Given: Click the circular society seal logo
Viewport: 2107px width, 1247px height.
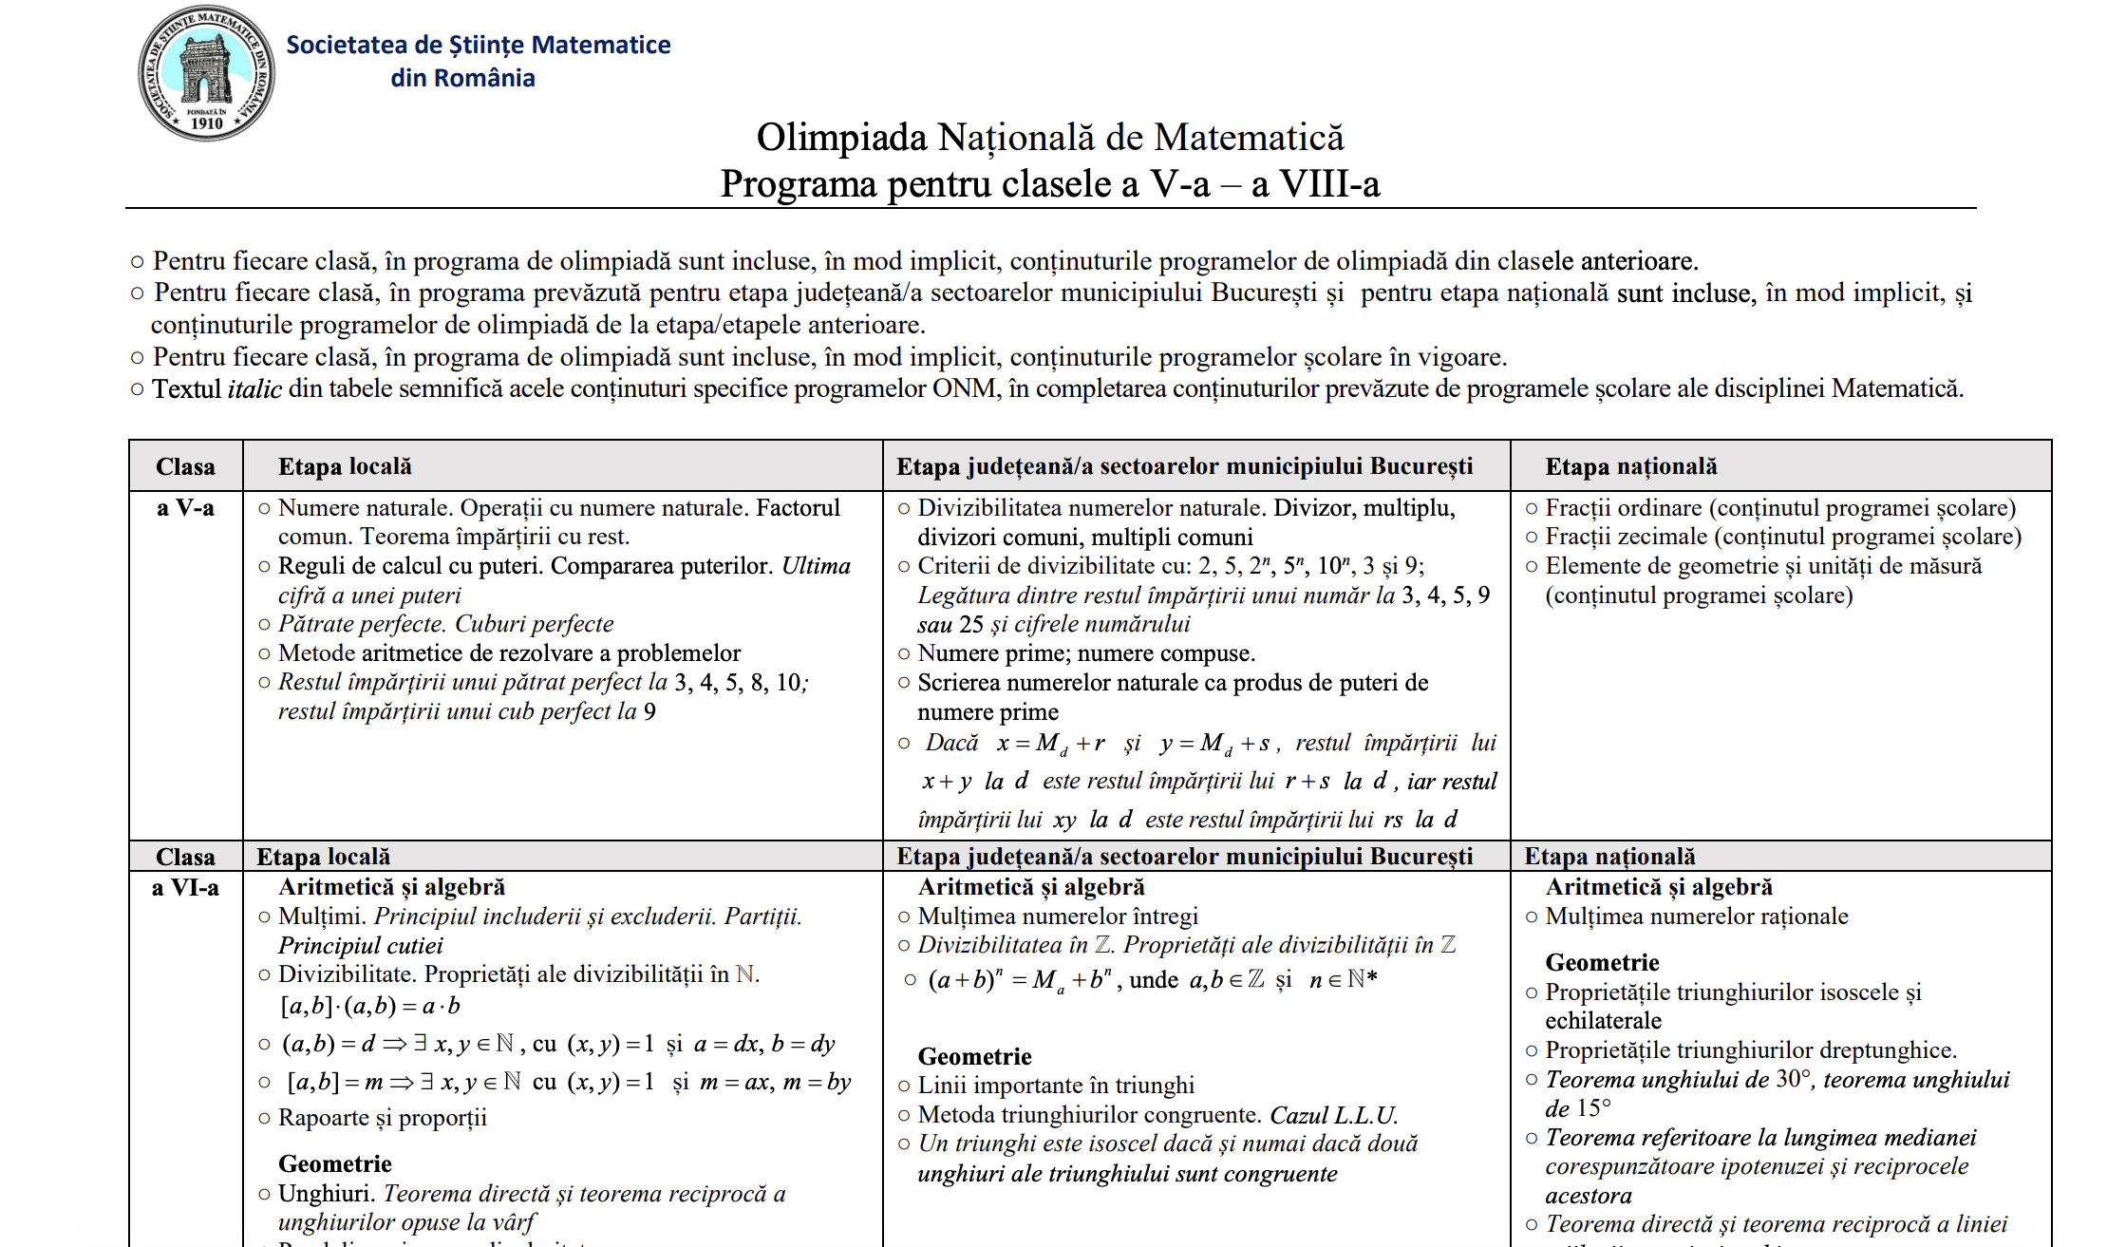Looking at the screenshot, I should tap(207, 73).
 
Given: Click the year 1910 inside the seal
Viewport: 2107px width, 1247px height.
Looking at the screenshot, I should tap(206, 123).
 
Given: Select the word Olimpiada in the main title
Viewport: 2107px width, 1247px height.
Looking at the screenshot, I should tap(840, 138).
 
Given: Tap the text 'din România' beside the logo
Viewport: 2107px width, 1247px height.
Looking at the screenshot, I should tap(462, 78).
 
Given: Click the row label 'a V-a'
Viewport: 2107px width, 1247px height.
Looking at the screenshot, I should tap(185, 508).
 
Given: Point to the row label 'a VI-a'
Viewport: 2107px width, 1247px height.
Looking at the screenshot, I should tap(185, 888).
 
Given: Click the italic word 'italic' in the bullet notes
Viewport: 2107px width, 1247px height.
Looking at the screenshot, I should tap(254, 389).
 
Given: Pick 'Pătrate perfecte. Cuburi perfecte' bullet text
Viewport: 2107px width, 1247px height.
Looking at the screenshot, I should tap(445, 624).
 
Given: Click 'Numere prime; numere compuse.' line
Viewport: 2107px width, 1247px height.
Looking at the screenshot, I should tap(1086, 653).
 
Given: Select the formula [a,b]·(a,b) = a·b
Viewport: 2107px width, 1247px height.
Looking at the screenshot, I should tap(369, 1006).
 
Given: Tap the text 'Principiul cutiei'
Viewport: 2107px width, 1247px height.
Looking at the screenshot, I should tap(360, 946).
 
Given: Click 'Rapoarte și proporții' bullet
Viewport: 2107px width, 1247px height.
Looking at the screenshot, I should tap(382, 1118).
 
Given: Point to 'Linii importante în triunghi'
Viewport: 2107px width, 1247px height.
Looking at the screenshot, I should tap(1056, 1086).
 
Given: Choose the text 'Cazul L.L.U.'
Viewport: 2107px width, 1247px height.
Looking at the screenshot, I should tap(1333, 1115).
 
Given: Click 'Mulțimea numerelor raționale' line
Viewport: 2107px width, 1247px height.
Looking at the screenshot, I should tap(1696, 916).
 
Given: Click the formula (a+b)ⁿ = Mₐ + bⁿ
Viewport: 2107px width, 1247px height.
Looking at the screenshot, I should tap(1020, 980).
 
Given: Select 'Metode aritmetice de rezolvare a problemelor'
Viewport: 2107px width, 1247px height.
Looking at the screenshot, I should tap(509, 653).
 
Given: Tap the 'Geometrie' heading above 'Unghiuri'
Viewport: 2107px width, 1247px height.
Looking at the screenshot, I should tap(334, 1164).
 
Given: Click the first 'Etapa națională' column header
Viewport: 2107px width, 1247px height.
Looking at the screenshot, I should tap(1630, 466).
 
